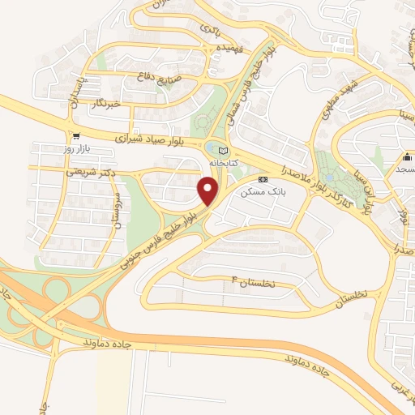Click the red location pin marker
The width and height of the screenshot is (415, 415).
coord(209,191)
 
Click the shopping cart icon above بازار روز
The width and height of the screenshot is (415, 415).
coord(76,136)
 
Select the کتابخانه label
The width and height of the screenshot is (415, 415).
coord(225,163)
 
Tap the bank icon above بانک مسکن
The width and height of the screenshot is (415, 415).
coord(262,179)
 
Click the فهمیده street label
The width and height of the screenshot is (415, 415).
coord(221,49)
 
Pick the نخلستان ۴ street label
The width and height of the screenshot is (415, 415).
coord(253,283)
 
